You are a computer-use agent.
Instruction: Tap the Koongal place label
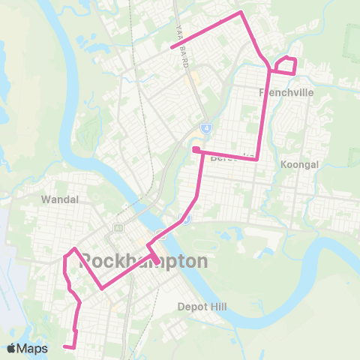click(298, 163)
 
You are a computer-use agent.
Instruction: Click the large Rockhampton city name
click(143, 262)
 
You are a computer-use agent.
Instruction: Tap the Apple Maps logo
click(28, 348)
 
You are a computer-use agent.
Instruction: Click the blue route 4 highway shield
click(205, 128)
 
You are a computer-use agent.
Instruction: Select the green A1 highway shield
click(118, 227)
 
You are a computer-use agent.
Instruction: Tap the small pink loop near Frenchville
click(285, 65)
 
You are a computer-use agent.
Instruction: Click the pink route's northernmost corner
click(240, 12)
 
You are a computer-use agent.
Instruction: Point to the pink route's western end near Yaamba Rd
click(172, 48)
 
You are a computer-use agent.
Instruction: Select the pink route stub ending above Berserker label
click(195, 150)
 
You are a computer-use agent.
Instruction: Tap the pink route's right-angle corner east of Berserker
click(257, 158)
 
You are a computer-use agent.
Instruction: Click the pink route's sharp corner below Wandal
click(74, 247)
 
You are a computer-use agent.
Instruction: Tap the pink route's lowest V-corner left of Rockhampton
click(101, 287)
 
